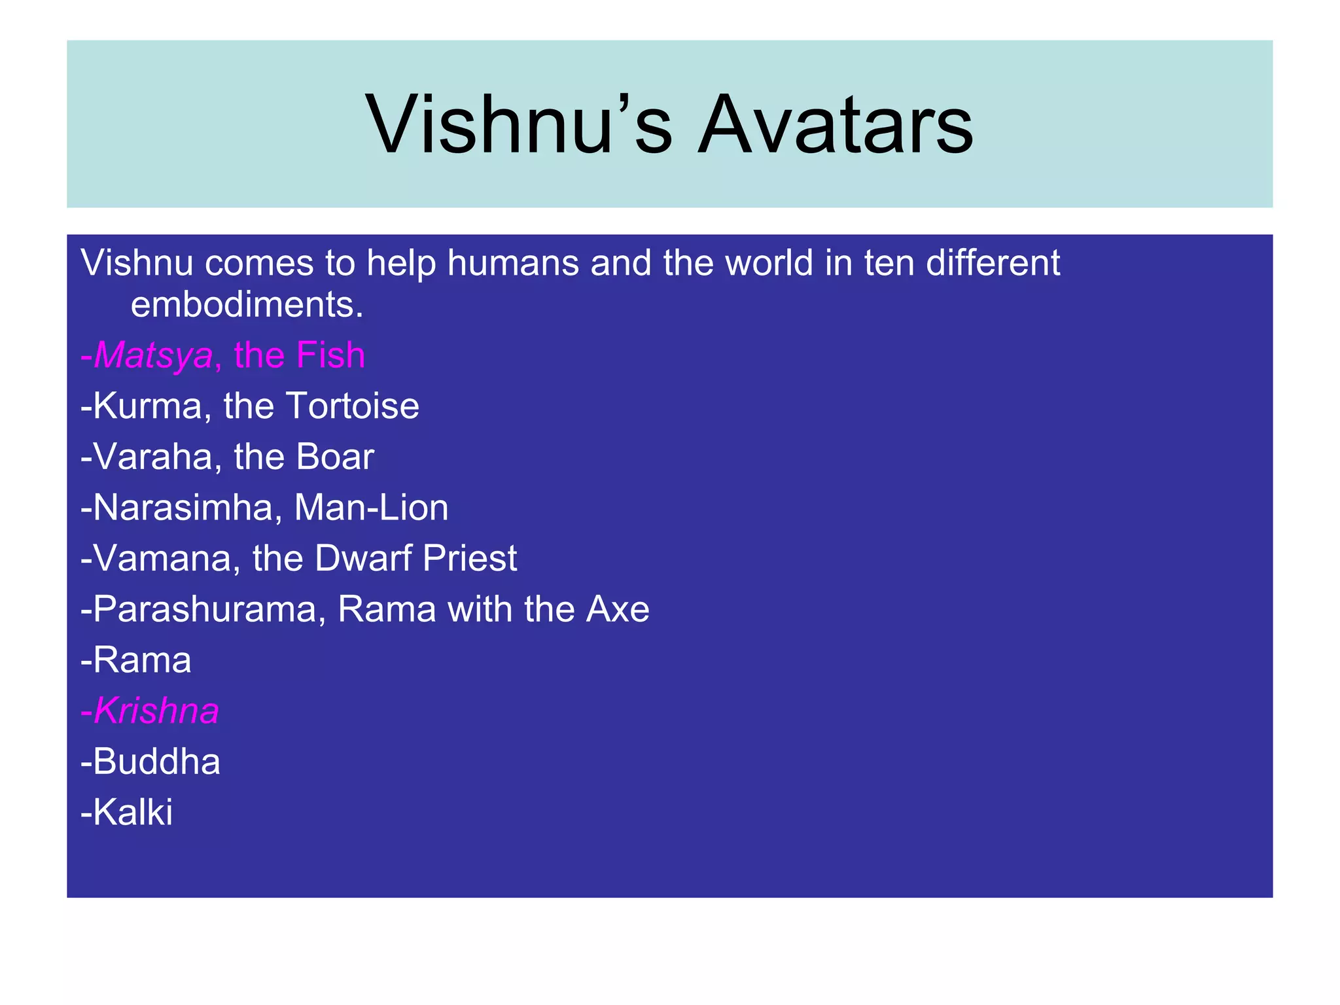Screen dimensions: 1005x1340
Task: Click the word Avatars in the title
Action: coord(836,124)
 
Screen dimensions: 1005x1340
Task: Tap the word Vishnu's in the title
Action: coord(519,124)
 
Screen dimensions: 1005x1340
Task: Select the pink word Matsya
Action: coord(153,355)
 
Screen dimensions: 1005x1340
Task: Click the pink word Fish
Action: coord(330,355)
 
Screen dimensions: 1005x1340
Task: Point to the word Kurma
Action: coord(147,406)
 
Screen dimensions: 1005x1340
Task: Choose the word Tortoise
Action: coord(352,406)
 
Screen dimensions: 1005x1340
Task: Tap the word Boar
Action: coord(334,457)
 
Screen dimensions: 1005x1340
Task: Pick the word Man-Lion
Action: coord(371,508)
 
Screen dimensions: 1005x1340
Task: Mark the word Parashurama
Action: coord(205,609)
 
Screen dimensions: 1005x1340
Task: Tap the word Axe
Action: coord(617,609)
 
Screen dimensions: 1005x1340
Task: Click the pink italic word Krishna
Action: coord(156,711)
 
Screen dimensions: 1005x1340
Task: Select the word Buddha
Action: coord(156,762)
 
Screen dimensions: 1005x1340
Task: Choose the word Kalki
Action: coord(132,812)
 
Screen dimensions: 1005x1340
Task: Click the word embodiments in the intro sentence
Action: coord(247,305)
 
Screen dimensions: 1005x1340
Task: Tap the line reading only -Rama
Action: coord(136,660)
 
